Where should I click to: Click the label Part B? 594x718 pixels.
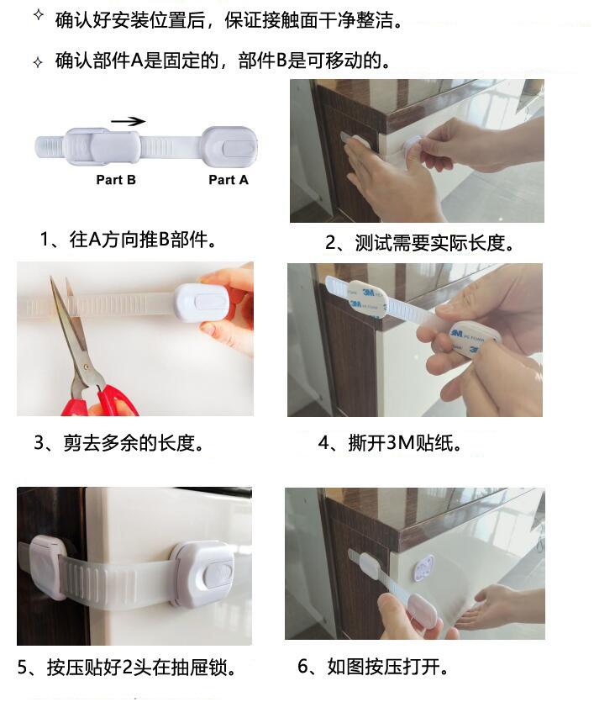[116, 180]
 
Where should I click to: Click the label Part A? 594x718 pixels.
[229, 180]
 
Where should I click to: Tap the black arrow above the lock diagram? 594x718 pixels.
[129, 121]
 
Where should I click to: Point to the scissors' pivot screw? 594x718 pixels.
[86, 367]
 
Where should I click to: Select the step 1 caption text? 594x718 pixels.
[129, 239]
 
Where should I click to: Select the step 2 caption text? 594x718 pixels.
[419, 243]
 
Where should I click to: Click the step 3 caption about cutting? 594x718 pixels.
[119, 443]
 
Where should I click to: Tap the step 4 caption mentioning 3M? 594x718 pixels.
[391, 443]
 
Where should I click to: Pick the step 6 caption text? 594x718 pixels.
[373, 667]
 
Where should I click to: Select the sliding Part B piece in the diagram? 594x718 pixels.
[102, 146]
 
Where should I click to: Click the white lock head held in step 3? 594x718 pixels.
[202, 303]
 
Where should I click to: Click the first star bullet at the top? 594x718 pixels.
[39, 15]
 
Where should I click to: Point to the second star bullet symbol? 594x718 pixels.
[38, 62]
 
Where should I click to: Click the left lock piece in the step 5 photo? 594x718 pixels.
[47, 568]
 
